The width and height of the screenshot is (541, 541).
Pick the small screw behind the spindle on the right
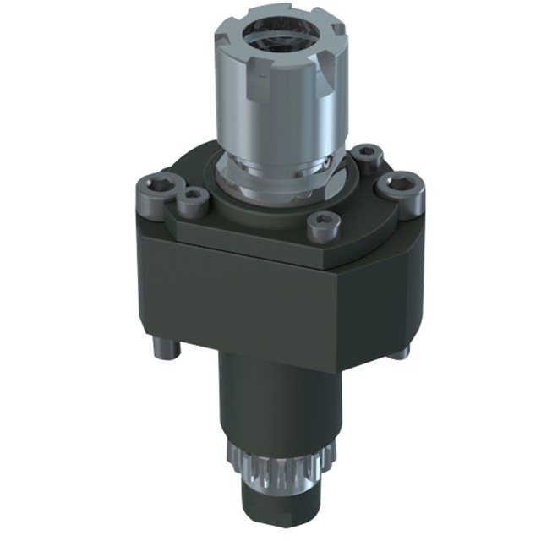366,155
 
